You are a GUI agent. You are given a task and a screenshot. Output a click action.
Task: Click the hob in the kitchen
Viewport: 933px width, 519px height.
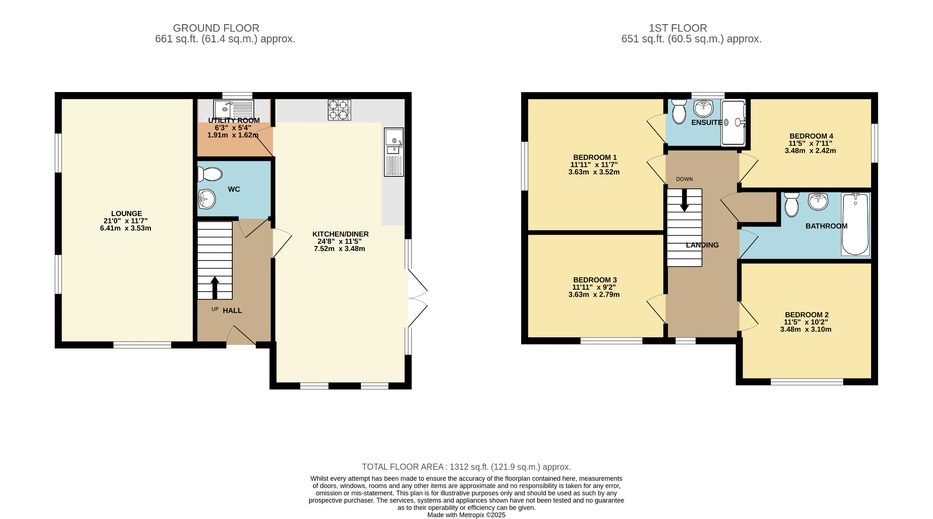(339, 110)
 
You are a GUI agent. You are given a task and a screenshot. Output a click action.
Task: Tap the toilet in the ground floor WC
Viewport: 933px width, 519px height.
(210, 174)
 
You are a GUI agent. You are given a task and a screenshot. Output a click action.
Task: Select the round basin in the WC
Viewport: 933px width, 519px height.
(207, 199)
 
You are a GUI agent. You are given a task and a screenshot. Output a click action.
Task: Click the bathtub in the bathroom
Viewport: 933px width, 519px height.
(856, 224)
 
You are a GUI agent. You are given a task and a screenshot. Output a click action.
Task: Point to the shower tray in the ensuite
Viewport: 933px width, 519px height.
(733, 122)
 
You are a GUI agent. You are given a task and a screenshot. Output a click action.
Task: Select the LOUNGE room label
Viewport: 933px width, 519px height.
(127, 213)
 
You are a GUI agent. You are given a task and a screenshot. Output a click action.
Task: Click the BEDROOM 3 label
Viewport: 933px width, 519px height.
(595, 280)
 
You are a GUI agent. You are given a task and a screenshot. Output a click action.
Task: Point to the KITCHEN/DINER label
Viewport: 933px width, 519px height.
(340, 234)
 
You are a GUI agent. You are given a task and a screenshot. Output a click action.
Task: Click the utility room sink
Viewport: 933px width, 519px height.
(234, 108)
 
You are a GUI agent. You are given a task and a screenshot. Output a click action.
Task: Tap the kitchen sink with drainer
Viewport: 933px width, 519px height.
(394, 152)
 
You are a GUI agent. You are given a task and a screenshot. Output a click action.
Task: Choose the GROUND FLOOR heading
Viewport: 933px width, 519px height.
(216, 28)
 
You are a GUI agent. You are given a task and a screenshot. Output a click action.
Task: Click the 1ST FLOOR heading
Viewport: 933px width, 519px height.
(678, 28)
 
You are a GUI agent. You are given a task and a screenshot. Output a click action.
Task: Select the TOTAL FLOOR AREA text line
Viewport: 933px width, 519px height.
(466, 467)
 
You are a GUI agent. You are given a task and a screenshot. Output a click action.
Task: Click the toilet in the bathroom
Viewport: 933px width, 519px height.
(792, 204)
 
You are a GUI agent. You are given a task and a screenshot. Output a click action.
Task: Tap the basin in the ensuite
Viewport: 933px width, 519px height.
(703, 108)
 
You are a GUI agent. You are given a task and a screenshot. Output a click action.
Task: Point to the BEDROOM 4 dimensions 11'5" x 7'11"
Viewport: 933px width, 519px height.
(810, 143)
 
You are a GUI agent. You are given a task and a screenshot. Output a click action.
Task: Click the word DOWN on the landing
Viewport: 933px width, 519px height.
(684, 179)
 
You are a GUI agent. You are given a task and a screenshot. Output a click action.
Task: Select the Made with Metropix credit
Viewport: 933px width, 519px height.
(466, 515)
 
